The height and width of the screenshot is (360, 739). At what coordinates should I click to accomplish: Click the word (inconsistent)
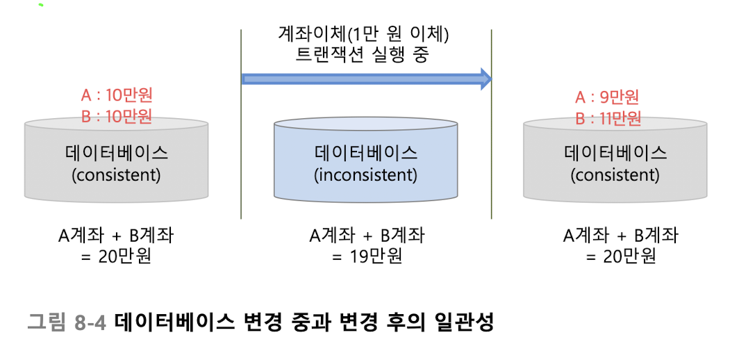point(366,174)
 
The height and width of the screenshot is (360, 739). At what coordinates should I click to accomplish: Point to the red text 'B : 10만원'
point(116,116)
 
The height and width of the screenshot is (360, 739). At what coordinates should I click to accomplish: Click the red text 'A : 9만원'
point(607,97)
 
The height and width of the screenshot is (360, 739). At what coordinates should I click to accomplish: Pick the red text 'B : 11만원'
point(607,117)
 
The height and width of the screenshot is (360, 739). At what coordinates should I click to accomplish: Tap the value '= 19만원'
point(366,256)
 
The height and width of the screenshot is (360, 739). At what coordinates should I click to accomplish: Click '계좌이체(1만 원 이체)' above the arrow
point(366,33)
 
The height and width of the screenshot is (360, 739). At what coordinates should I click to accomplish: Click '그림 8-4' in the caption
point(67,322)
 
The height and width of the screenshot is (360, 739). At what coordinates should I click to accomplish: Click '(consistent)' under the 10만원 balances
point(116,174)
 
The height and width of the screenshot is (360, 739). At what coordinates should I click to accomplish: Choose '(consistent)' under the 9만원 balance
point(615,174)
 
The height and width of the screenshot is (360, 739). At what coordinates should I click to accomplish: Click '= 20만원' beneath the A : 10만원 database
point(116,256)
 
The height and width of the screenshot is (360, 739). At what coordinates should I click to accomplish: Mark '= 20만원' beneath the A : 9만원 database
point(620,256)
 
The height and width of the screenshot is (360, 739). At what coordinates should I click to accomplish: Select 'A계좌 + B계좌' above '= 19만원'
point(366,236)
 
